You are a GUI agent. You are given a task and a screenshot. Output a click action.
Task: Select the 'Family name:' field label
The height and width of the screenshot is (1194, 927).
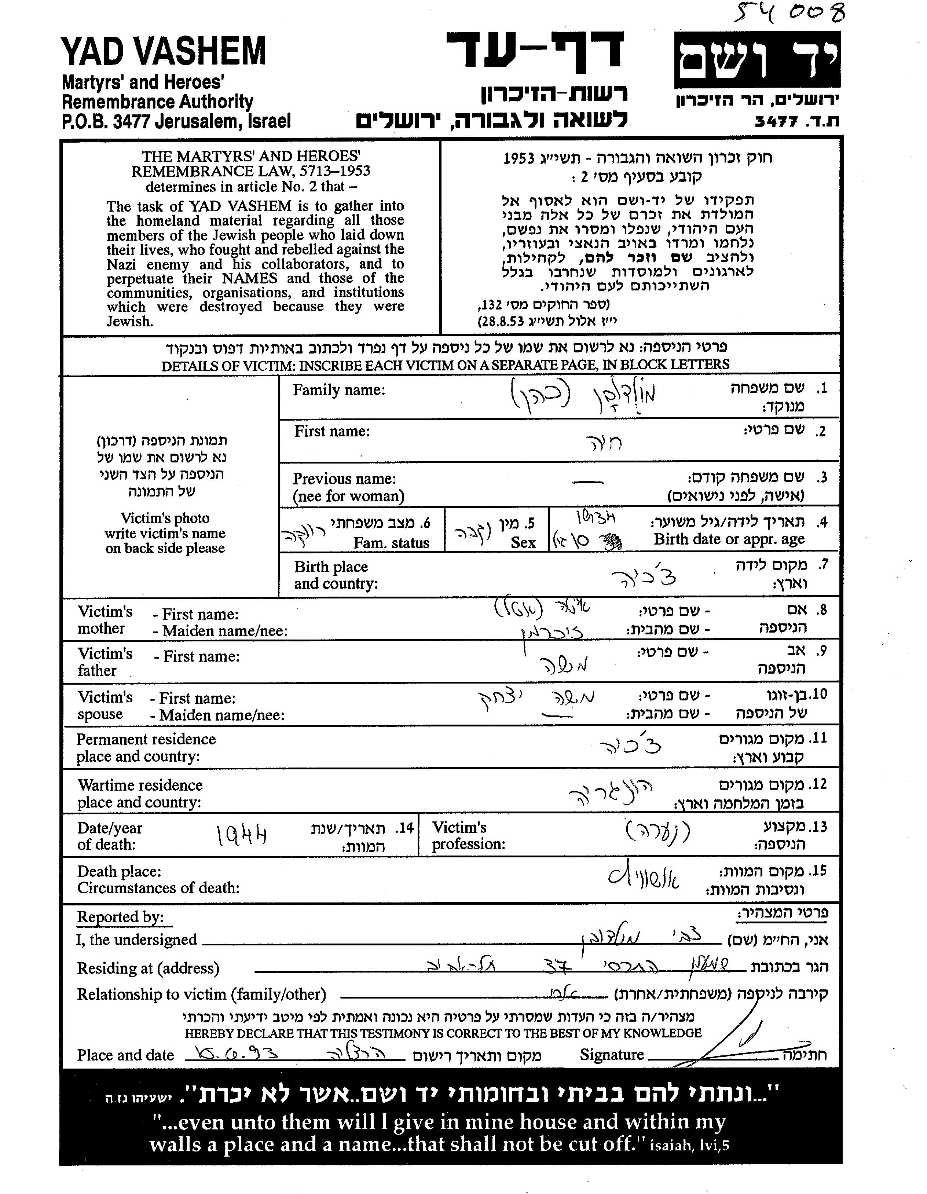(x=339, y=390)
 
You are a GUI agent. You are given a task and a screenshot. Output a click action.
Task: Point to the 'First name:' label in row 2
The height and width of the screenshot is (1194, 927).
(x=332, y=431)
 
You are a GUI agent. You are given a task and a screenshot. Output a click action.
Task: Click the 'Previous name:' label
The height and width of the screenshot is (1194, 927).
(x=344, y=479)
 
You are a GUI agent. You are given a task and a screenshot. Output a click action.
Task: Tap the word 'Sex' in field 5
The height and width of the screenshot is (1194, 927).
(x=523, y=542)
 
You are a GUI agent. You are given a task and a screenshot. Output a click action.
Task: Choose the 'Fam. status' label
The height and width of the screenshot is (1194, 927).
(x=391, y=543)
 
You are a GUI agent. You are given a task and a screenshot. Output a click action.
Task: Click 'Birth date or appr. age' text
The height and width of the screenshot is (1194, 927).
(x=729, y=539)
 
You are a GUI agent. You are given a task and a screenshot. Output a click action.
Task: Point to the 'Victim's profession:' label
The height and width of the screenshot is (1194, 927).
(x=468, y=835)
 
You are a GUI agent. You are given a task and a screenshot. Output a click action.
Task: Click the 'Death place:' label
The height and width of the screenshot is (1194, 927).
(x=119, y=871)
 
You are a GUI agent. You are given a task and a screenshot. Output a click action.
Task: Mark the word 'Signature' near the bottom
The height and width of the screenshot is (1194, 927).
(x=612, y=1055)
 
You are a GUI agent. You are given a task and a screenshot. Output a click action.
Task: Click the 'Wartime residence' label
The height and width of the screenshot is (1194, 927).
(x=140, y=785)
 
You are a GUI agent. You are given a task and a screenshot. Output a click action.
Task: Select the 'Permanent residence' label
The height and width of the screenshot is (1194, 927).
(x=146, y=739)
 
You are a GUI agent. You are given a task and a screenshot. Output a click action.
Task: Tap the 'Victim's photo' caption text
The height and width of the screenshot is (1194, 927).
(x=165, y=518)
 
